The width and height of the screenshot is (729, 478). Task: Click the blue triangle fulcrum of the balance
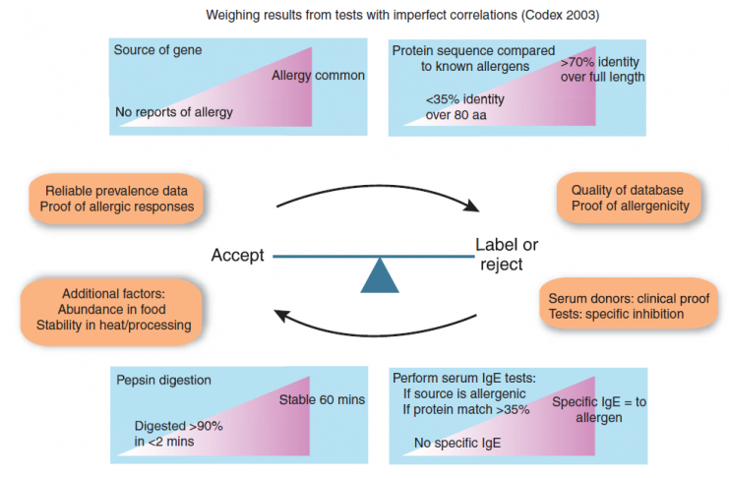(380, 276)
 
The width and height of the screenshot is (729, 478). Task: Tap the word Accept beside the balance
(237, 256)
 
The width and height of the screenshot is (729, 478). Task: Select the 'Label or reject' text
(507, 255)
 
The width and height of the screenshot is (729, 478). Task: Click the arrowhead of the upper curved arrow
(473, 205)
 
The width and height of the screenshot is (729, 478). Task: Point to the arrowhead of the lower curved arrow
(281, 316)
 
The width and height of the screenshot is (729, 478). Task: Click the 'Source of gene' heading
(157, 50)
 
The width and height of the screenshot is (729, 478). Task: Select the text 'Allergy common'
(318, 76)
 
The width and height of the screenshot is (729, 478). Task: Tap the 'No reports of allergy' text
(174, 112)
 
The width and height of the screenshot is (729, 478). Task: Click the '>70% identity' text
(600, 62)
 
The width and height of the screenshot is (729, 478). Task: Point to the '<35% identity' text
(465, 99)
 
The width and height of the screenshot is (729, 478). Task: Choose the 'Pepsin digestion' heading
(163, 380)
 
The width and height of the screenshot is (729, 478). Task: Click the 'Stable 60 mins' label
(322, 399)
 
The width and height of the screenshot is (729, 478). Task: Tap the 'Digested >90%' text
(178, 426)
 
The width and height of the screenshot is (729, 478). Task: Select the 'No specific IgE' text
(457, 444)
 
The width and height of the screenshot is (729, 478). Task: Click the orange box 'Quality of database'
(629, 198)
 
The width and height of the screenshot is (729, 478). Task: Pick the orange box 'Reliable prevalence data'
(116, 199)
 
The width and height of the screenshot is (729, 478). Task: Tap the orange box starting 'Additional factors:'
(112, 310)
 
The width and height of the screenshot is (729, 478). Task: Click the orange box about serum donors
(629, 304)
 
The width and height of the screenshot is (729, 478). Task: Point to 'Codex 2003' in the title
(560, 16)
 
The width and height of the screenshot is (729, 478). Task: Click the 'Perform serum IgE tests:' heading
(464, 378)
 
